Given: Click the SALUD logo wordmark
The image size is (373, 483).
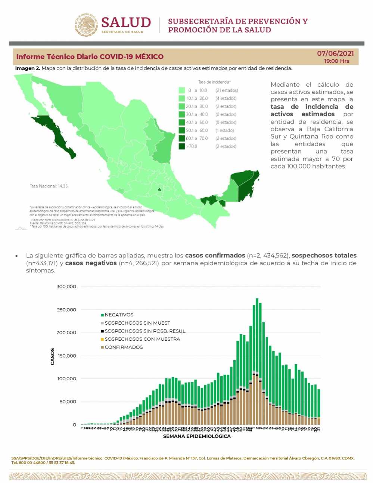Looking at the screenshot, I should click(126, 23).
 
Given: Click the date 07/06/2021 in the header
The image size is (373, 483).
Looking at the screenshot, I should click(335, 53).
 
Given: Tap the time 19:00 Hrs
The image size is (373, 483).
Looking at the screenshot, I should click(337, 61).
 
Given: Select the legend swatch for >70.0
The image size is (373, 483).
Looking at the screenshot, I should click(182, 146).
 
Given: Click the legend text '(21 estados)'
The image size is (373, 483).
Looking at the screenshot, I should click(226, 90).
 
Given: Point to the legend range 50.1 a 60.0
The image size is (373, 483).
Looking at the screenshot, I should click(197, 130).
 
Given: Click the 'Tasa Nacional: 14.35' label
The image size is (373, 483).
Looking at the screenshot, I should click(49, 186).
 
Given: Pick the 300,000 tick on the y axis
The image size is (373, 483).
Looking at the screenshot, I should click(66, 287).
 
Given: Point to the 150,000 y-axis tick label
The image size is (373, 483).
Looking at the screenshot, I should click(66, 356).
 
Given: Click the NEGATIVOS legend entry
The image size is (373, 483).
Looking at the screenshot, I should click(119, 315).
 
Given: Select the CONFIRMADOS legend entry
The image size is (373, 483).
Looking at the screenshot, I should click(124, 347).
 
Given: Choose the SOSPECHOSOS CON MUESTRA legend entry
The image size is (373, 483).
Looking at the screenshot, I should click(142, 339).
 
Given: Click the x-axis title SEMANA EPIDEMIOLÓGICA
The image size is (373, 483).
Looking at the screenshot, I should click(197, 436).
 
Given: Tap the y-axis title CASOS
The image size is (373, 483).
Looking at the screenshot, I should click(52, 356).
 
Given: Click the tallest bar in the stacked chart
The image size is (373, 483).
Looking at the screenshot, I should click(257, 359).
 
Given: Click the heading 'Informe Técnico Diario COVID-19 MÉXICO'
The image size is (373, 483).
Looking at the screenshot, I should click(90, 57).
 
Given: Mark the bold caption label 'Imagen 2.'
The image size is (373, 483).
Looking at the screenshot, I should click(28, 68).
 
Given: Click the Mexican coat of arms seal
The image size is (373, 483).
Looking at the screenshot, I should click(86, 25).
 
